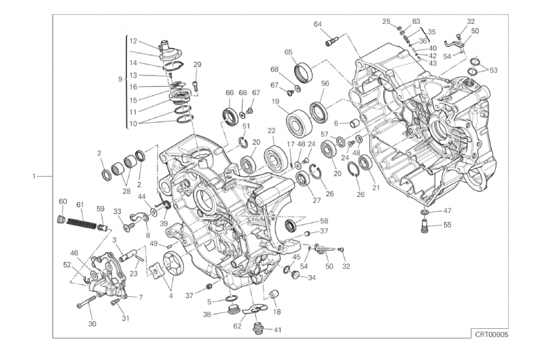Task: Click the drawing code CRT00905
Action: (491, 334)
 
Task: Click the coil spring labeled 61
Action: (82, 223)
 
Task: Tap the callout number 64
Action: (318, 24)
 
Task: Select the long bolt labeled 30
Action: (87, 302)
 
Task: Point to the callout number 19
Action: (276, 102)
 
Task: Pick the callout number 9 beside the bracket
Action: (120, 79)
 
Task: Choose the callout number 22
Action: (272, 130)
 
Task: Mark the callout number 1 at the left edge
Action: (34, 176)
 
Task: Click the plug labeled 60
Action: (61, 218)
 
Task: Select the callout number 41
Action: (278, 330)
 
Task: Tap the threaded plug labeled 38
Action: (234, 311)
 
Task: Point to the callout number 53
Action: (493, 71)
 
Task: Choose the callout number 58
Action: (324, 221)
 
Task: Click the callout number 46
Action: (74, 253)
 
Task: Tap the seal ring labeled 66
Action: (230, 115)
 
